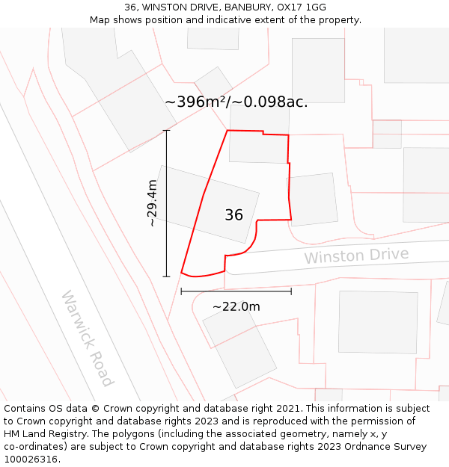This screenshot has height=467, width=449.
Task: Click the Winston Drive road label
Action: click(x=356, y=256)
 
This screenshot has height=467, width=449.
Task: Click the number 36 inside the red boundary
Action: click(x=233, y=215)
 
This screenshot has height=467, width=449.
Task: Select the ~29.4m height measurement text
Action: click(x=152, y=203)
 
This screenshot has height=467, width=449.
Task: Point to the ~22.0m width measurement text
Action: click(x=236, y=306)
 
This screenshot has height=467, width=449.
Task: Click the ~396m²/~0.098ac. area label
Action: click(x=236, y=102)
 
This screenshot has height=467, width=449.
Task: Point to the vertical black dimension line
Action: click(x=166, y=203)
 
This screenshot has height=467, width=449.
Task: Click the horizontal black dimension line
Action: click(x=236, y=291)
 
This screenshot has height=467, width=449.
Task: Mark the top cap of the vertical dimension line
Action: click(x=166, y=131)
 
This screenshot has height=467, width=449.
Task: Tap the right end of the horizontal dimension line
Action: click(x=291, y=291)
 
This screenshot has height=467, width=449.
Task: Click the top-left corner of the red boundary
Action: click(x=227, y=131)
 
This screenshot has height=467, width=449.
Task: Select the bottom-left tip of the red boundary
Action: click(x=182, y=273)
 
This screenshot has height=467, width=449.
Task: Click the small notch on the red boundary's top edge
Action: click(x=263, y=133)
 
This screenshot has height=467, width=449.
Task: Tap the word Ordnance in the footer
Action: click(x=379, y=447)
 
